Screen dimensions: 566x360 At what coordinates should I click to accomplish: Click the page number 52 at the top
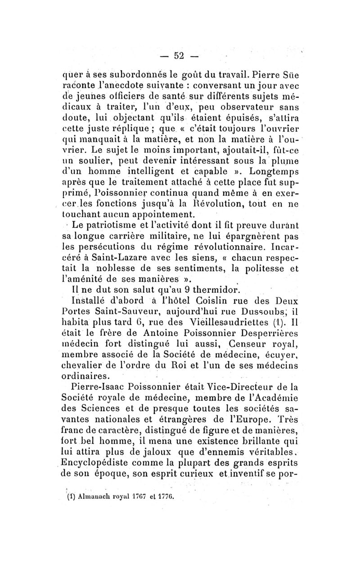coord(180,56)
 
